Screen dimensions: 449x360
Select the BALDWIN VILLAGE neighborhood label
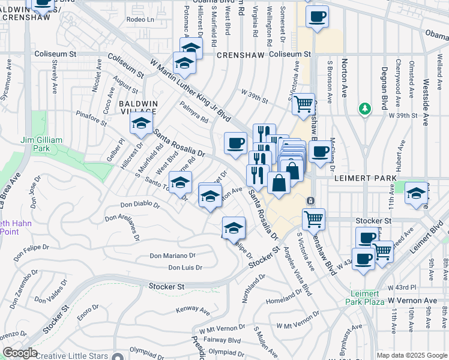[x=137, y=108]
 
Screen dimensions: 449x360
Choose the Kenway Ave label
[x=193, y=311]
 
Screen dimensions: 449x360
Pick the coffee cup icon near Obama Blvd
[x=318, y=16]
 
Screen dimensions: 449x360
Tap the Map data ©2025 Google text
[x=411, y=355]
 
